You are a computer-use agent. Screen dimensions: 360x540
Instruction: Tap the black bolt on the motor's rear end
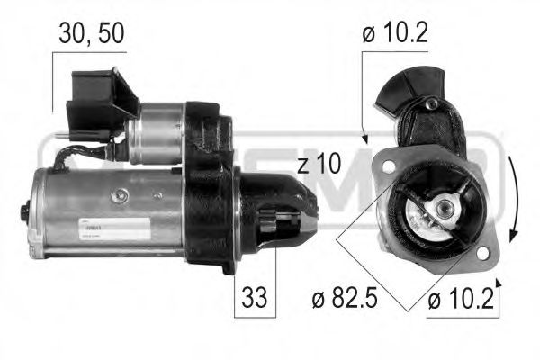coord(24,214)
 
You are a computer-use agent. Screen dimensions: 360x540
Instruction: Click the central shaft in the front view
coord(443,210)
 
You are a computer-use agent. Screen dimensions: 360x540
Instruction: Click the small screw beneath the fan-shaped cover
coord(433,105)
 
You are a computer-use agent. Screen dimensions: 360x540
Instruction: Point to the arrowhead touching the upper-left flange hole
coord(367,139)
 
